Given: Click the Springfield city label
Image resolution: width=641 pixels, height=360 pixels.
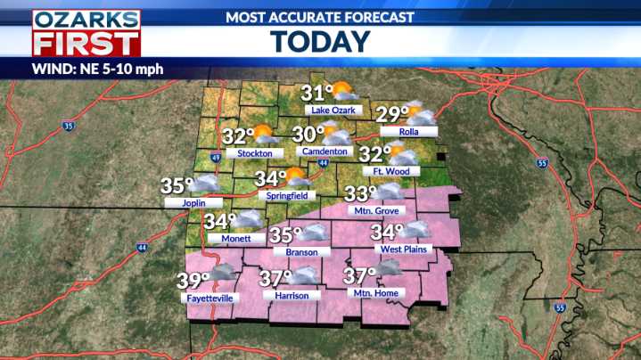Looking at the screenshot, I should coord(286,195).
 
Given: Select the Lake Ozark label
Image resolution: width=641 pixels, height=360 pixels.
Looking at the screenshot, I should coord(328,110).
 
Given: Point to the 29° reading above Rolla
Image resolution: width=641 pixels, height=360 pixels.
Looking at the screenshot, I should coord(392,114).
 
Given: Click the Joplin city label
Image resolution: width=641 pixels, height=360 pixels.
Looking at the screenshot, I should coord(187,202).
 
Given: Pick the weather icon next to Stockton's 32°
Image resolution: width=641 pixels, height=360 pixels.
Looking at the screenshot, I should coord(263,135).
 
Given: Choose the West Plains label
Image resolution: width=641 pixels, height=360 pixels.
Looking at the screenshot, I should coord(399,250).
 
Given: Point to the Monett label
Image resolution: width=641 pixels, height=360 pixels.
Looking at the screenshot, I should coord(231,239).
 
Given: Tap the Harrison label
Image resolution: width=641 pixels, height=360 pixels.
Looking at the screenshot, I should coord(292,295).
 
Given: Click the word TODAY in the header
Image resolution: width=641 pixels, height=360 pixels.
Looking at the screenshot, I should coord(320,42).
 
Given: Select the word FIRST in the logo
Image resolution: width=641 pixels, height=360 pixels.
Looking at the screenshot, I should coord(86,43).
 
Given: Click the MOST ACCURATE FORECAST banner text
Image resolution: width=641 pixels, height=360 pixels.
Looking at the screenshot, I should coord(320,17).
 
